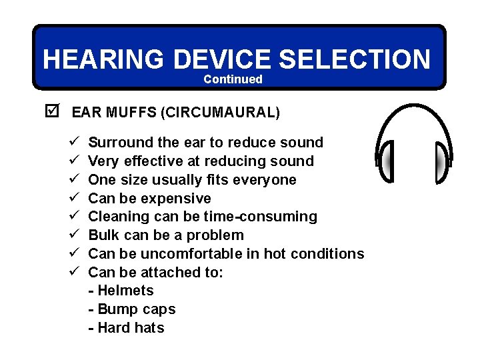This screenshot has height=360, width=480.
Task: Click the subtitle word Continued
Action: pos(233,79)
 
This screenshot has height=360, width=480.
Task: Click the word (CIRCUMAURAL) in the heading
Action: pos(220,112)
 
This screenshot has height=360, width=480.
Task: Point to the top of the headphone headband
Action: pos(413,107)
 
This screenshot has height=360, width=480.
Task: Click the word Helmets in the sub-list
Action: pos(125,291)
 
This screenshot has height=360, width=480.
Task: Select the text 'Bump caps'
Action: pos(136,309)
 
